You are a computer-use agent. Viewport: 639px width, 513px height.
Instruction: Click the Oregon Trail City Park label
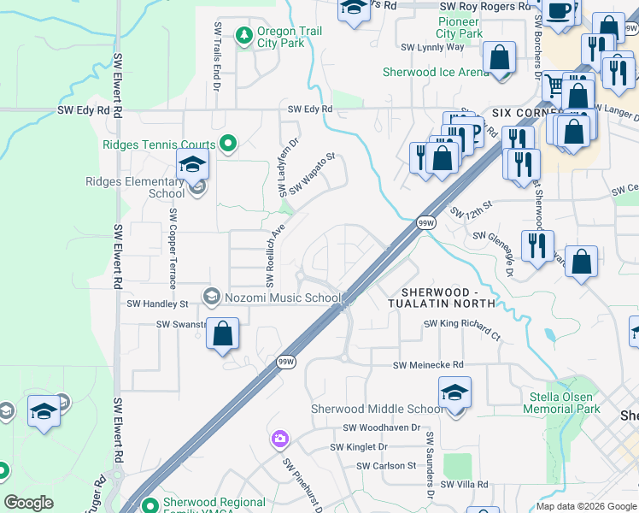pos(280,37)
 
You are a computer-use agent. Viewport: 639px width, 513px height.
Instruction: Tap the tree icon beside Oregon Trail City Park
pos(245,34)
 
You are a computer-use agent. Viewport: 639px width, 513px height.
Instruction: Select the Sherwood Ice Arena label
pos(436,73)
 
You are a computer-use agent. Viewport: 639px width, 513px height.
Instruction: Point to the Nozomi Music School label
pos(283,297)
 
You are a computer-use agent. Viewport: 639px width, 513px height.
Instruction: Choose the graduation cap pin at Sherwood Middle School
pos(454,393)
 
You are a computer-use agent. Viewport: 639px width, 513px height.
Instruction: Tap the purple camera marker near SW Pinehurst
pos(279,439)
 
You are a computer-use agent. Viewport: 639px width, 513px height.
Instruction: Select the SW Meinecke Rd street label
pos(428,365)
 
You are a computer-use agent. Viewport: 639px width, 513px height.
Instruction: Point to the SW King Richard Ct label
pos(462,328)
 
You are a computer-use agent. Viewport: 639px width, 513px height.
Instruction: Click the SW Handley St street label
pos(157,304)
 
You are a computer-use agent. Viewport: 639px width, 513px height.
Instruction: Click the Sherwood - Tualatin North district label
pos(442,298)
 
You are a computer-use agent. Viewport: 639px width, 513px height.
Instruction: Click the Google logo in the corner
pos(29,503)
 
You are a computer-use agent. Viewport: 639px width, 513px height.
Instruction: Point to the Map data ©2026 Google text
pos(585,506)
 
